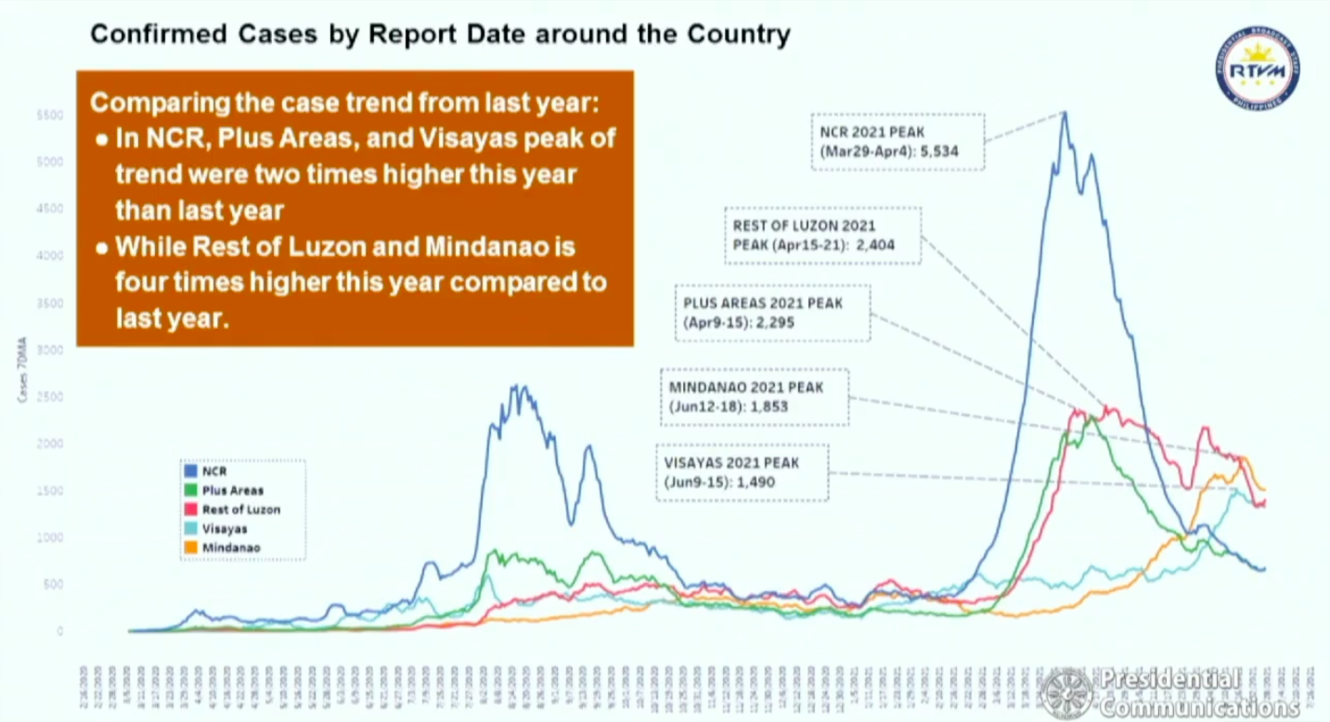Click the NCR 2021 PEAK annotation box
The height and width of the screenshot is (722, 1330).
(x=897, y=141)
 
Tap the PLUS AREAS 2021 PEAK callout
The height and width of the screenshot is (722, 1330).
(x=773, y=313)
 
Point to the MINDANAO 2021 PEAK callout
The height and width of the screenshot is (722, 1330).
(x=754, y=397)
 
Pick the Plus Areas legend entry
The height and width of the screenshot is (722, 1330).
(x=232, y=490)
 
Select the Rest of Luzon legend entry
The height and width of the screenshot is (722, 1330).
(x=239, y=509)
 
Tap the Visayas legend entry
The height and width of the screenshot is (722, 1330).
(x=224, y=529)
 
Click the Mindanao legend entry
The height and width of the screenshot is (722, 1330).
(x=230, y=548)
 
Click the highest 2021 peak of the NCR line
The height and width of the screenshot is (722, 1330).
(x=1065, y=113)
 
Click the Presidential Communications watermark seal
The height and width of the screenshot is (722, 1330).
(x=1065, y=693)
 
